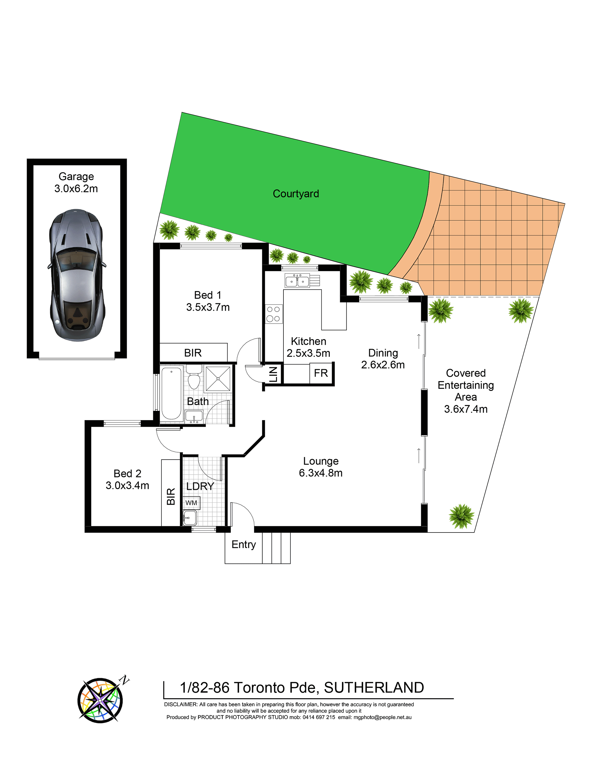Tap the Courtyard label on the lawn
click(296, 194)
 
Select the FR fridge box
click(321, 373)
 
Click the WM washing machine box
click(192, 502)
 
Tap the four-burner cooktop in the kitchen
click(273, 314)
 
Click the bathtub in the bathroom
click(172, 393)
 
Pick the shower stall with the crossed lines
click(218, 379)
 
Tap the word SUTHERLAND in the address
click(374, 688)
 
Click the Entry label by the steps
click(244, 544)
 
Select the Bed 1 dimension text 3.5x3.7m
click(208, 307)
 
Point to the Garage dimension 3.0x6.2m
click(76, 189)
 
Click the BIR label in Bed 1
click(193, 353)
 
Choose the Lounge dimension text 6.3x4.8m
click(321, 473)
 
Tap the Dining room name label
click(383, 353)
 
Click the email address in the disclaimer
click(383, 717)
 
